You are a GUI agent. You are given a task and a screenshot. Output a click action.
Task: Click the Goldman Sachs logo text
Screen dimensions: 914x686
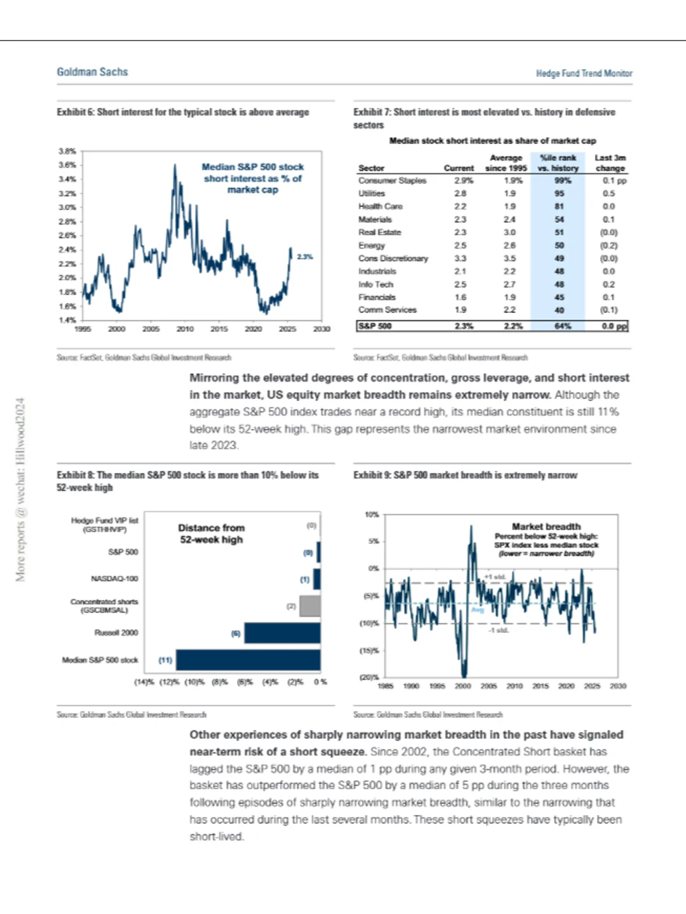point(92,72)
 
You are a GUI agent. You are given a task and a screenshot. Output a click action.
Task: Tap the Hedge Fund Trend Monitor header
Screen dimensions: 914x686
point(584,74)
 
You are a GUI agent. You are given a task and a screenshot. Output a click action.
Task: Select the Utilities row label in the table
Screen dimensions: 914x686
point(372,194)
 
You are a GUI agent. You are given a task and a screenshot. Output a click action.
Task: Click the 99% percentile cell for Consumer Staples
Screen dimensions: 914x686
point(559,181)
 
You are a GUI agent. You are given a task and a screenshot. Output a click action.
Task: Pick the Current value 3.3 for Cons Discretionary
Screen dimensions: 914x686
point(460,258)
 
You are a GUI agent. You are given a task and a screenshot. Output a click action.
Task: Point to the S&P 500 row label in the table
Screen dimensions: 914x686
point(375,326)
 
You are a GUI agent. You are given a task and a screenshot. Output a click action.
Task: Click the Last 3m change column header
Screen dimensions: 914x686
point(610,163)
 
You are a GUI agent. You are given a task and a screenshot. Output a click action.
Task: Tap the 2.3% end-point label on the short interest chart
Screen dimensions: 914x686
point(305,257)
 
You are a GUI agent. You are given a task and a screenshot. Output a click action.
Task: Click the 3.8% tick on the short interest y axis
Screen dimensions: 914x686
point(67,151)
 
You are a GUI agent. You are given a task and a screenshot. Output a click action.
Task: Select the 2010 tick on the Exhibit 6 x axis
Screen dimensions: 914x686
point(185,329)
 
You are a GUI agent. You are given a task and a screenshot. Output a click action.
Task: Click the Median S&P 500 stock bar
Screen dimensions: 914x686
point(248,660)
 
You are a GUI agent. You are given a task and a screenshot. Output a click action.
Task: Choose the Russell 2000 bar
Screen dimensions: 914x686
point(282,633)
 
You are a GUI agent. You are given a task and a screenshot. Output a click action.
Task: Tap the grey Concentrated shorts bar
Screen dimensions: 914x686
point(309,606)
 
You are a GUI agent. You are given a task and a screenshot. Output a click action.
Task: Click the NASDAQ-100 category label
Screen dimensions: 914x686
point(114,579)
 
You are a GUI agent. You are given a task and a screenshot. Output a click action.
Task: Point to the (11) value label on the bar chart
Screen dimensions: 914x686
point(165,660)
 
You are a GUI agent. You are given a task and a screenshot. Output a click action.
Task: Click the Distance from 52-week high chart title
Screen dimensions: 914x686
point(211,534)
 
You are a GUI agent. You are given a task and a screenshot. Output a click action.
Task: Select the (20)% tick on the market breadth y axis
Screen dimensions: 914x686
point(370,677)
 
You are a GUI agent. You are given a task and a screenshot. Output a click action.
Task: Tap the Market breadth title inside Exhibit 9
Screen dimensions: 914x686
point(546,526)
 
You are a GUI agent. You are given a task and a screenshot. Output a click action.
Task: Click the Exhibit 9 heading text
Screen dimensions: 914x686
point(465,475)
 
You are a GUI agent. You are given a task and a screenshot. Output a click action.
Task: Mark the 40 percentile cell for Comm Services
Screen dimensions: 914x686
point(559,310)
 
